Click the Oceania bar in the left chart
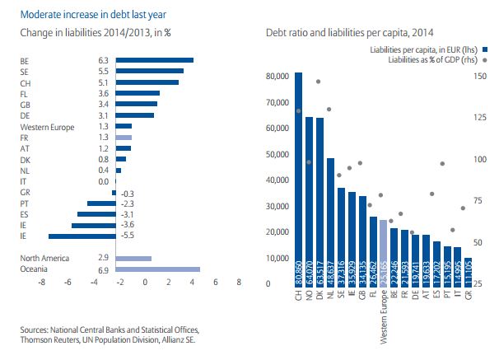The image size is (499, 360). (160, 269)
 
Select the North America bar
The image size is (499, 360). (136, 258)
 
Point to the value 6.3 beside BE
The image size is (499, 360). (103, 60)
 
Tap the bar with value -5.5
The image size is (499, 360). (86, 236)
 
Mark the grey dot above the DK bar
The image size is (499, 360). (319, 82)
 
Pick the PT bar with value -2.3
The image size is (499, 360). (102, 203)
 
